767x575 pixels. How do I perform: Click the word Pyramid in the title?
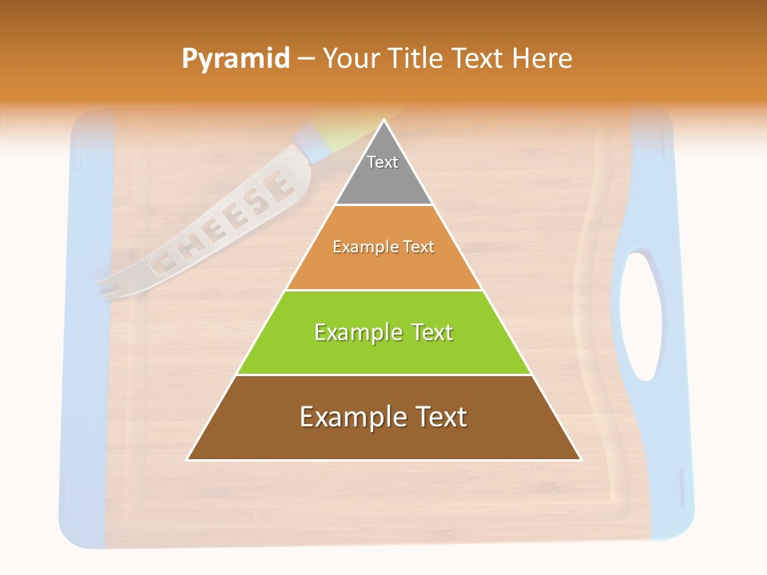(x=236, y=59)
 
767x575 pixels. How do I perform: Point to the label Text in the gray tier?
(x=383, y=162)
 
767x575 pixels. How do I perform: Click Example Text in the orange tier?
(x=383, y=247)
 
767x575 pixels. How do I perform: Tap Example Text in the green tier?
(x=383, y=332)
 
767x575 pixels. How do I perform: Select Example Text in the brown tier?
(x=383, y=417)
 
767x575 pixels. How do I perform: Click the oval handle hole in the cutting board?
(x=642, y=315)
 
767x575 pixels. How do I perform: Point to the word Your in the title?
(x=348, y=58)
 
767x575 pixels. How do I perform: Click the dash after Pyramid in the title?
(x=305, y=59)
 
